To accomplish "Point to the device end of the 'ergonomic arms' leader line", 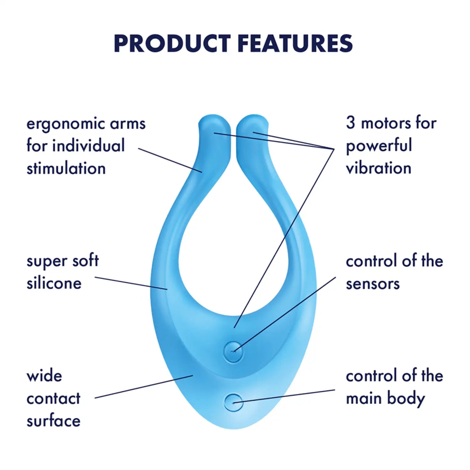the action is tap(202, 172).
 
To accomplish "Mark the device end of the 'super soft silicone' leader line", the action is tap(167, 289).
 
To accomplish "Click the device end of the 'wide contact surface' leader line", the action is tap(193, 375).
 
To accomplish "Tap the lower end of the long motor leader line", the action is tap(234, 328).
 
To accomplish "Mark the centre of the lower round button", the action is tap(233, 402).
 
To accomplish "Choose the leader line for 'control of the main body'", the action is tap(284, 396).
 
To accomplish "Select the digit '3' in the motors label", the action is tap(351, 123).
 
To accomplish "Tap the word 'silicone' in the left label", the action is tap(54, 283).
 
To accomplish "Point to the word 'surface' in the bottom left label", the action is tap(54, 420).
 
